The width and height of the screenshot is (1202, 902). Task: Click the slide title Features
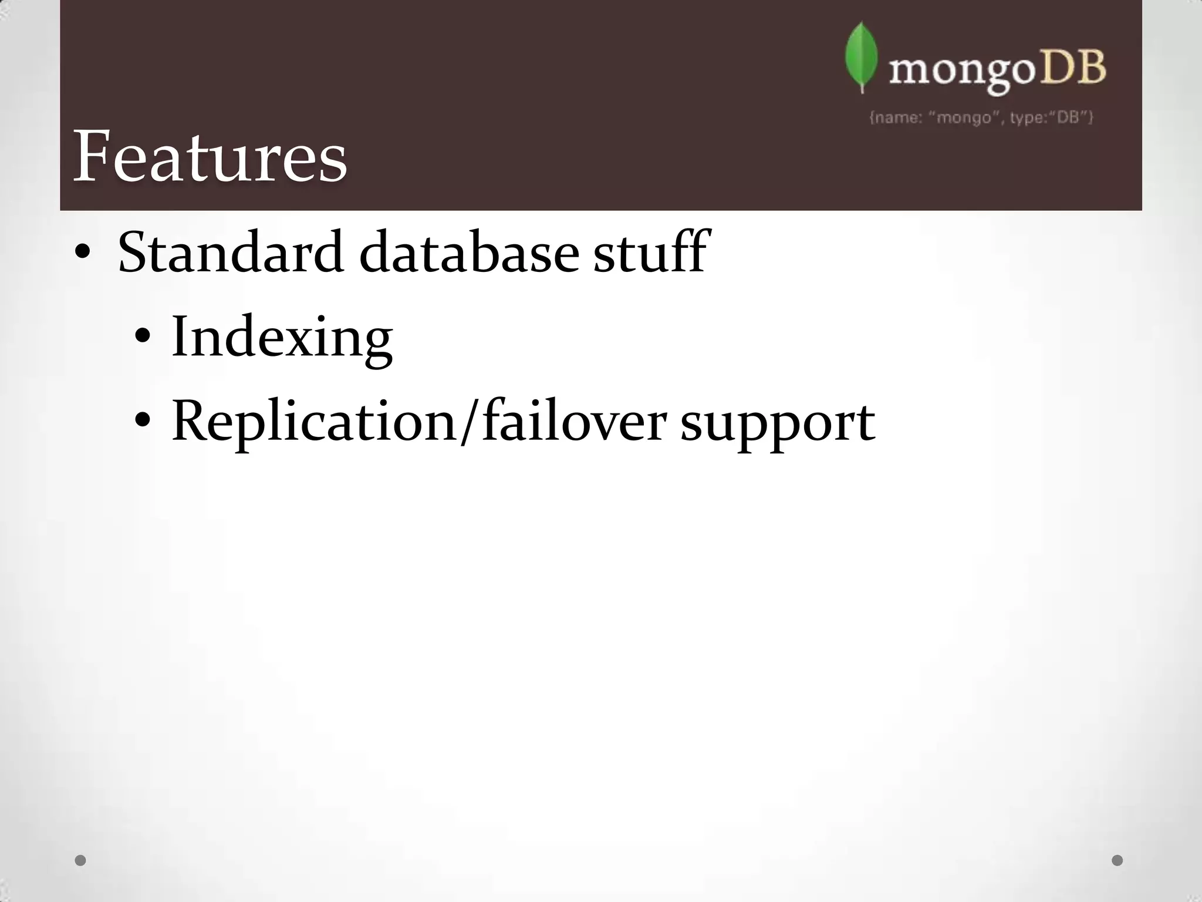[x=210, y=157]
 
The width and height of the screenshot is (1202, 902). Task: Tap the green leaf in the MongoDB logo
[x=861, y=57]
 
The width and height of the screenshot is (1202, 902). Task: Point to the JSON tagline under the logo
[x=981, y=117]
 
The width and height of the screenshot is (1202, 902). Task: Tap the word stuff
[x=650, y=253]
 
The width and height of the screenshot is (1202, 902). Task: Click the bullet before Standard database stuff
[x=82, y=253]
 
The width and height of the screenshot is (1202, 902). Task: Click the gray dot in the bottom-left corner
[x=81, y=860]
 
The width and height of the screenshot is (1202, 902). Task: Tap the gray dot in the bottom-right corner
[x=1117, y=860]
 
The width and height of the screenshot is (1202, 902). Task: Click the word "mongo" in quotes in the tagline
[x=964, y=117]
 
